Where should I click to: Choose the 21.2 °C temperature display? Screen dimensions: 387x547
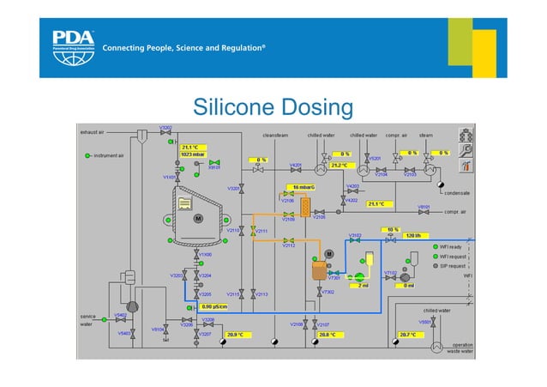tap(339, 165)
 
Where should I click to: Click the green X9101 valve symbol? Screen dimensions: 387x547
tap(215, 163)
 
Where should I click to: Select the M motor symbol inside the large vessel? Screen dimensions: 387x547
tap(199, 219)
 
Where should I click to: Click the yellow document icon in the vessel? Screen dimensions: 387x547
tap(183, 203)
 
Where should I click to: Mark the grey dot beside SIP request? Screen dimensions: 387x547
tap(436, 266)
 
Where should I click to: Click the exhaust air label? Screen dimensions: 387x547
tap(93, 134)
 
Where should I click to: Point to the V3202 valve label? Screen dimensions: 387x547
tap(166, 128)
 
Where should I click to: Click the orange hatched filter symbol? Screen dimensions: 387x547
tap(305, 206)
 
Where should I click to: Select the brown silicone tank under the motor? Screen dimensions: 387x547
tap(316, 274)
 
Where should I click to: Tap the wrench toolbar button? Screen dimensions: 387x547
tap(466, 149)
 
